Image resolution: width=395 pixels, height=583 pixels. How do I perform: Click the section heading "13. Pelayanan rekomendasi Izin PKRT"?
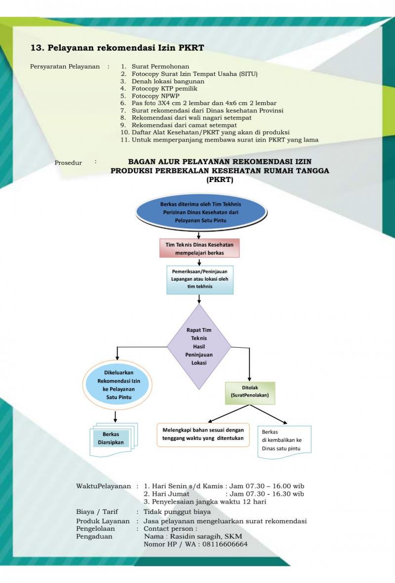click(117, 48)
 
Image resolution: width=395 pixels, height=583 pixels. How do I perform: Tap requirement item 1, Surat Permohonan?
click(160, 66)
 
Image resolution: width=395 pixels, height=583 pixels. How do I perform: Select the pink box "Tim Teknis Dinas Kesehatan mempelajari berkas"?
click(199, 249)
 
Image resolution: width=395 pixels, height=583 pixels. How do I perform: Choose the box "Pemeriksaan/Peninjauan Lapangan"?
click(199, 279)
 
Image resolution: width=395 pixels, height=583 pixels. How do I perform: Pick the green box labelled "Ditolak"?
click(250, 392)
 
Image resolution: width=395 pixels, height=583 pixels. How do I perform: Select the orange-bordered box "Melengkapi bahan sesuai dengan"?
click(203, 434)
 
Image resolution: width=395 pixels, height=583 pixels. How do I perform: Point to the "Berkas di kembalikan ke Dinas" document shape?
click(284, 441)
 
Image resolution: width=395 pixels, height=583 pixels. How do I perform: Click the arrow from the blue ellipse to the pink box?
click(199, 234)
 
